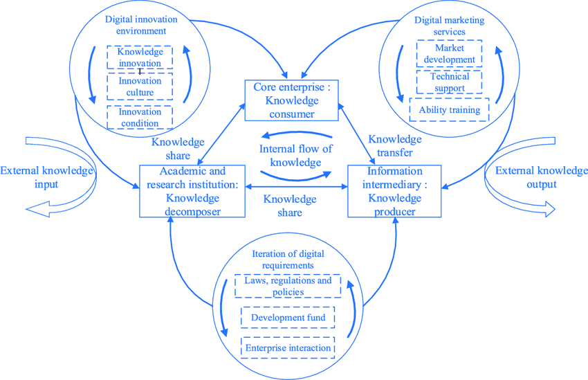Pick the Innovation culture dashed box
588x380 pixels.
[x=140, y=87]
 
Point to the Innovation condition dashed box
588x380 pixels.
[x=140, y=117]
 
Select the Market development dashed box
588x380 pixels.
[x=448, y=54]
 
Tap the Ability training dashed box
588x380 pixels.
[x=450, y=110]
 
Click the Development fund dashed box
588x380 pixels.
[x=288, y=318]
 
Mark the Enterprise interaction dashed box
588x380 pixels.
[x=288, y=347]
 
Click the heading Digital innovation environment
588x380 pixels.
[x=136, y=25]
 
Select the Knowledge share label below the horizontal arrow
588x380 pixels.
[x=290, y=205]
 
